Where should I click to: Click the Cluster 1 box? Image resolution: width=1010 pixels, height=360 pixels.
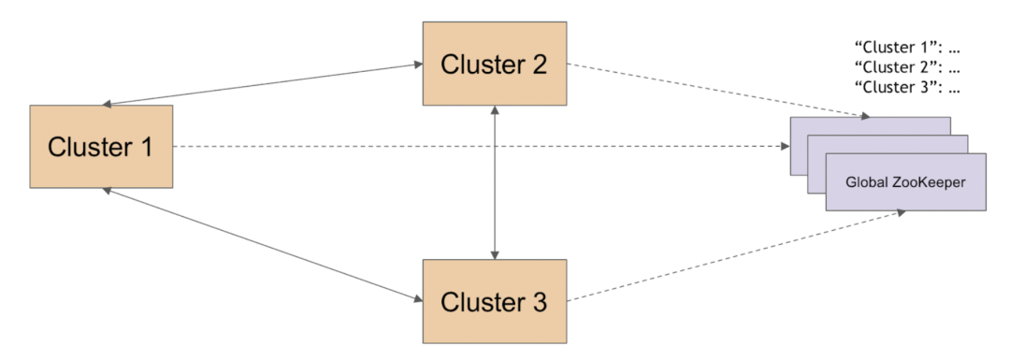pos(101,146)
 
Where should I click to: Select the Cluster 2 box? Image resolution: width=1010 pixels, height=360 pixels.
pos(494,64)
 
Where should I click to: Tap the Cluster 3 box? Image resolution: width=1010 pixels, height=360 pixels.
pos(494,302)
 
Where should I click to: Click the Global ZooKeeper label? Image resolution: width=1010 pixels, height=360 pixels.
pos(904,182)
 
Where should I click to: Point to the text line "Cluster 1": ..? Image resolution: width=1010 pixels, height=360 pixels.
pos(907,46)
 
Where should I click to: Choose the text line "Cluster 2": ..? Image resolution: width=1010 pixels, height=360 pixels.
pos(907,67)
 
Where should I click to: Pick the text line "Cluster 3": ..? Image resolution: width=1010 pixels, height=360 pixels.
pos(907,90)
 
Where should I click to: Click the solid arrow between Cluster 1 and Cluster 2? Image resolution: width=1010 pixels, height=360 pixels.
pos(262,84)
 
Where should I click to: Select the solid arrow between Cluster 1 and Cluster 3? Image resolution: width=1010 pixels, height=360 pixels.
pos(262,245)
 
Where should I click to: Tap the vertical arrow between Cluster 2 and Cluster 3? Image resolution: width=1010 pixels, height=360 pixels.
pos(495,183)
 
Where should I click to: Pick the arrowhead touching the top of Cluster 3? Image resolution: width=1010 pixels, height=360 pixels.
pos(495,254)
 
